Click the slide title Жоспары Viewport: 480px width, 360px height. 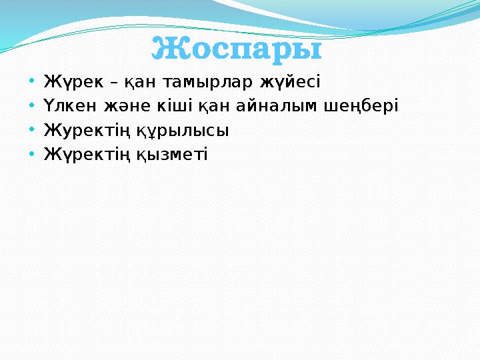(x=237, y=49)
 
